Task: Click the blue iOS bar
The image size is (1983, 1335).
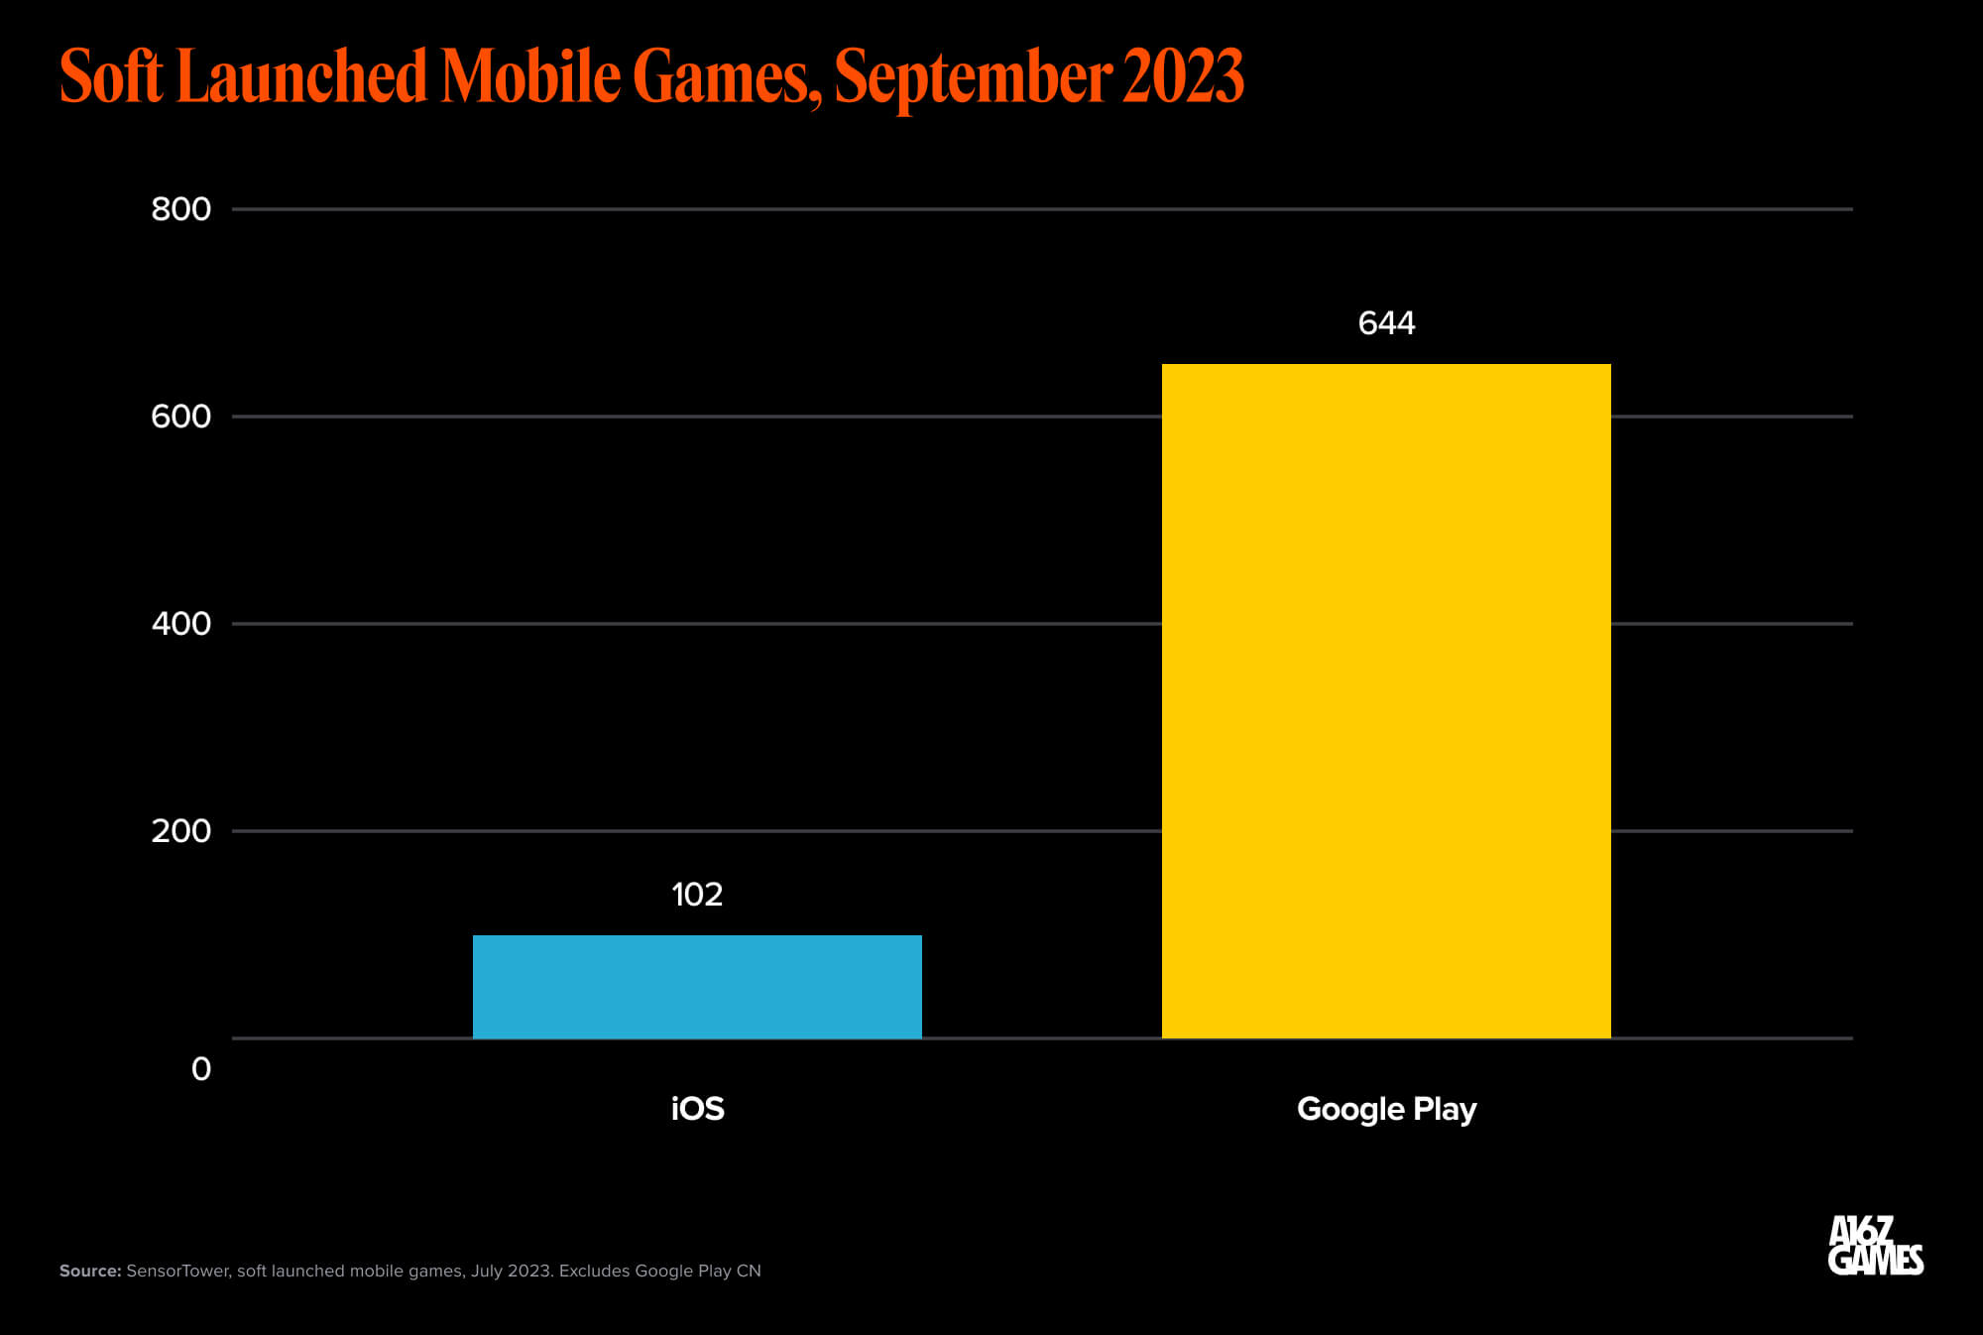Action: click(697, 986)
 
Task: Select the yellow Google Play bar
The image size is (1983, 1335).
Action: click(1386, 700)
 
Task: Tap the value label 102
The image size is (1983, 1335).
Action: click(697, 895)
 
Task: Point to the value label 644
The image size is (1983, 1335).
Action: click(1386, 323)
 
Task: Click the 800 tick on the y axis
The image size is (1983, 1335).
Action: click(180, 209)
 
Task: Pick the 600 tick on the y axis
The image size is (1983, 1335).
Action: click(180, 417)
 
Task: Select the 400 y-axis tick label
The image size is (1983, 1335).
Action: click(180, 624)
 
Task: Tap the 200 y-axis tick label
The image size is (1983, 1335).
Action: click(180, 831)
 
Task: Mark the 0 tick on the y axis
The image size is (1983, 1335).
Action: click(201, 1069)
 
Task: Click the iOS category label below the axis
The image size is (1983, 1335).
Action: click(697, 1109)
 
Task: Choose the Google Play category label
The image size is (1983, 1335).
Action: click(1386, 1109)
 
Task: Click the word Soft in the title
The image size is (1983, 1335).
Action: click(111, 77)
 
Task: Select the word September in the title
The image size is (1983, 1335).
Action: click(973, 77)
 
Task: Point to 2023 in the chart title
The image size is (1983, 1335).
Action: click(1183, 77)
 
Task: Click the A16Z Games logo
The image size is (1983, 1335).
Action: click(1875, 1246)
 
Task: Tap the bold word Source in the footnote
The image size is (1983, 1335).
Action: click(89, 1271)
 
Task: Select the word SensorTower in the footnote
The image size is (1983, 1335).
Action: click(177, 1271)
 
